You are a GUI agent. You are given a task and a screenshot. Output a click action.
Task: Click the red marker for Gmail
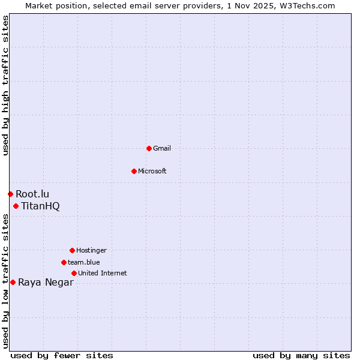pyautogui.click(x=149, y=148)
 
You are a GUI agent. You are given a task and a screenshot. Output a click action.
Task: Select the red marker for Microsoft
pyautogui.click(x=134, y=171)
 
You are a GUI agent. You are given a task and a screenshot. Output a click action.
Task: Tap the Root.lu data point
pyautogui.click(x=10, y=194)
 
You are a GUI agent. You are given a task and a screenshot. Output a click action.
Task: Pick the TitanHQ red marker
pyautogui.click(x=16, y=206)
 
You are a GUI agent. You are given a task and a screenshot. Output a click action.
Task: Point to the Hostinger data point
pyautogui.click(x=72, y=250)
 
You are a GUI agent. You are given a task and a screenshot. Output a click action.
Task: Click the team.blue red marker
pyautogui.click(x=64, y=262)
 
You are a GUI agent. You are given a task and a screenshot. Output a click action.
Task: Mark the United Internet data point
pyautogui.click(x=74, y=273)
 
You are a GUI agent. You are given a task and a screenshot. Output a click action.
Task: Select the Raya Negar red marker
pyautogui.click(x=13, y=282)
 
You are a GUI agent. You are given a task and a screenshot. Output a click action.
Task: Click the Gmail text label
pyautogui.click(x=161, y=148)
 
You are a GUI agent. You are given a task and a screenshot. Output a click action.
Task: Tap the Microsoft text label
pyautogui.click(x=152, y=171)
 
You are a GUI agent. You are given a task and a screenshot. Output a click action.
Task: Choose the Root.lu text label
pyautogui.click(x=32, y=194)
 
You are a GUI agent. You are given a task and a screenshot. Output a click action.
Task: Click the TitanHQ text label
pyautogui.click(x=40, y=206)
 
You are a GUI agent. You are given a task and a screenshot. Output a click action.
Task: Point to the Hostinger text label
pyautogui.click(x=91, y=250)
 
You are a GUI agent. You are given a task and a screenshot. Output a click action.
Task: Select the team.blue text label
pyautogui.click(x=83, y=262)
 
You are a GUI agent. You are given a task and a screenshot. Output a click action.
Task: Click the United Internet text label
pyautogui.click(x=102, y=273)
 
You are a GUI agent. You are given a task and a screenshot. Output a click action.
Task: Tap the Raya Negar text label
pyautogui.click(x=46, y=283)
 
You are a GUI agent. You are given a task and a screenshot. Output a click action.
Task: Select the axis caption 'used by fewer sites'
pyautogui.click(x=62, y=355)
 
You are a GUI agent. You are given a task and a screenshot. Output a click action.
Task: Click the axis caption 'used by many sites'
pyautogui.click(x=301, y=355)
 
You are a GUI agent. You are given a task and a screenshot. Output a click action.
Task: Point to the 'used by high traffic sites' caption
pyautogui.click(x=5, y=85)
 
